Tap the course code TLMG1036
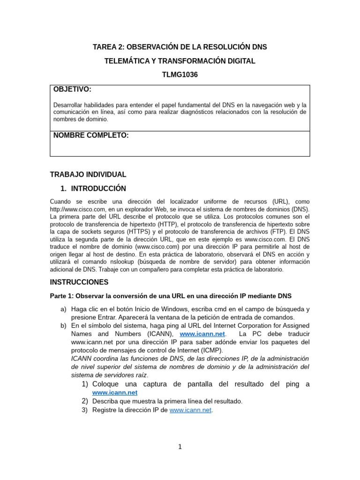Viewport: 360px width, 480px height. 180,75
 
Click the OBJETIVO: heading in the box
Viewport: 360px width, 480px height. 72,89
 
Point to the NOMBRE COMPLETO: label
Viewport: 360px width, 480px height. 91,135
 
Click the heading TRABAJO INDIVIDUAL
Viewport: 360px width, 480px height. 88,174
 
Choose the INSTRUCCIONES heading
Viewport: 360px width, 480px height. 79,282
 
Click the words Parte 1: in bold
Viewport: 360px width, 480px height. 62,296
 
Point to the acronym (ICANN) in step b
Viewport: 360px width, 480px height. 160,334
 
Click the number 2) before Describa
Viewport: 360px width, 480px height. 85,401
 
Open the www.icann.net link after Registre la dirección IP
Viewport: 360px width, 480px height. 191,410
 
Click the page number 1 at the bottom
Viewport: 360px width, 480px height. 180,447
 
